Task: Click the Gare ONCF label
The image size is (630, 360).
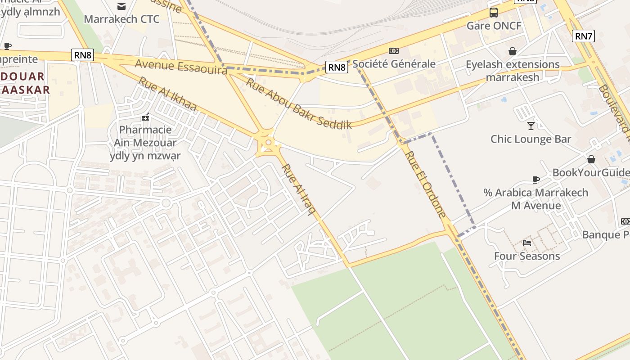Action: [494, 26]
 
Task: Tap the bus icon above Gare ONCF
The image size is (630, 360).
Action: [494, 12]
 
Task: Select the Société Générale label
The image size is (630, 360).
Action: [394, 64]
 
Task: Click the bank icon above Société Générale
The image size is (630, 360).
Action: [394, 51]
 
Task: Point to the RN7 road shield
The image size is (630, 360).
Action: [583, 36]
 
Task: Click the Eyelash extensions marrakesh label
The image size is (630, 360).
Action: [513, 71]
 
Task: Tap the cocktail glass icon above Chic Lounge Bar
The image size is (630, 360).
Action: [531, 126]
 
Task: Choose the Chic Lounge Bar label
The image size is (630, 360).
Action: [531, 139]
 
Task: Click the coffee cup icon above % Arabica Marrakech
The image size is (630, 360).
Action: [535, 180]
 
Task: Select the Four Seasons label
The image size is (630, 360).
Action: [527, 256]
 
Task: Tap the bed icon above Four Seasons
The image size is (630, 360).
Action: [527, 243]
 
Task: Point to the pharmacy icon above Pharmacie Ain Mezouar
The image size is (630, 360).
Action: [145, 117]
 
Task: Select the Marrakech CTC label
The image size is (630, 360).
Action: [121, 19]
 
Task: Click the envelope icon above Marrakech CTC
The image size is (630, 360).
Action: [121, 6]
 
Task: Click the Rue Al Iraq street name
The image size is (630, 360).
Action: [297, 189]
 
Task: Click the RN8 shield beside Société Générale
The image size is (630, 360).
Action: [337, 67]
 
